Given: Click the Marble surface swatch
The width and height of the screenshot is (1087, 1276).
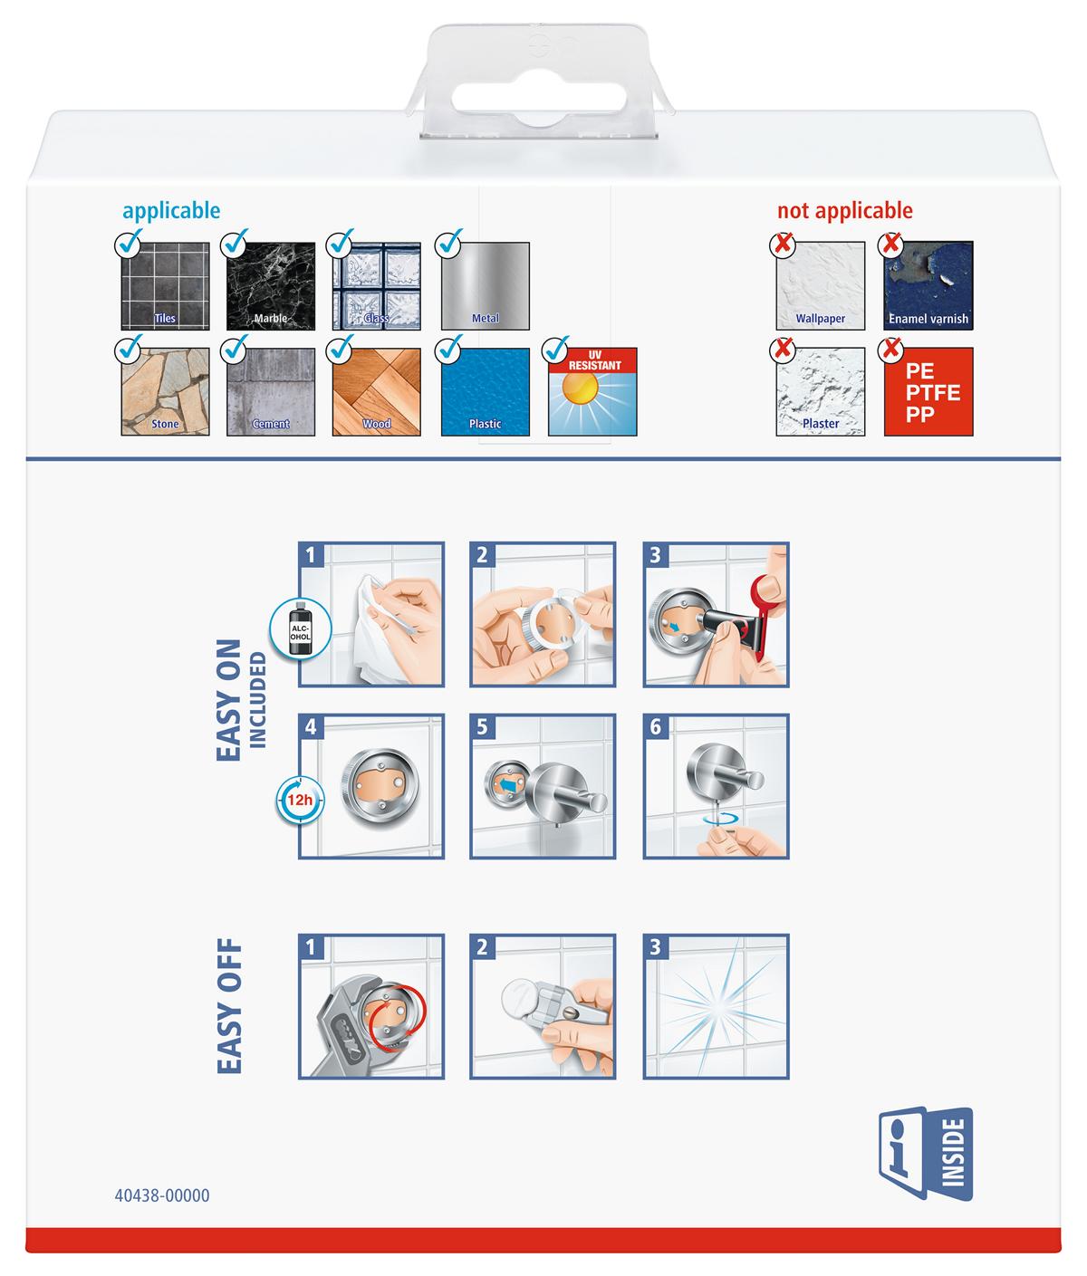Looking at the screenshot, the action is pos(271,286).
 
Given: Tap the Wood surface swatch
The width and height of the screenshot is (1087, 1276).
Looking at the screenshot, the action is pos(376,391).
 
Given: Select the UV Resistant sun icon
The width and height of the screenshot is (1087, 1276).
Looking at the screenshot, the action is pos(592,391).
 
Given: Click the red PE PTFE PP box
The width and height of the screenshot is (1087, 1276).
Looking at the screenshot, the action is pos(928,391).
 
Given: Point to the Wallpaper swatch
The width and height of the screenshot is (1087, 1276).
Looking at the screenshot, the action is pos(820,286).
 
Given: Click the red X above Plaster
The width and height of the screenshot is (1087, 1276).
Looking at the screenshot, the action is pos(784,349).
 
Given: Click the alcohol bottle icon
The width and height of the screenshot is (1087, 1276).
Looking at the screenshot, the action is pos(300,629).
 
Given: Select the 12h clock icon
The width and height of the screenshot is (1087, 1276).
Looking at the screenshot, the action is pos(300,800).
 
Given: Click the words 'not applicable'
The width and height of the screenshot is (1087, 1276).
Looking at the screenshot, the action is pos(844,210).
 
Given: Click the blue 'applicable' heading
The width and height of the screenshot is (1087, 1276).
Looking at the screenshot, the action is pos(171,210).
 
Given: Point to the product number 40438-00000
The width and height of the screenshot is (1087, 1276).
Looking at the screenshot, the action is pos(162,1195).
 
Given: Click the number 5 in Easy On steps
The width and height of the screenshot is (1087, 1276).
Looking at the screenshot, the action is pos(482,727).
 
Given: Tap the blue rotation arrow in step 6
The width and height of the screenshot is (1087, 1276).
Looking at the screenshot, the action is pos(722,819).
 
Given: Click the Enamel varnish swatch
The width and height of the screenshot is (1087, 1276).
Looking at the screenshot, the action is pos(928,286).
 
